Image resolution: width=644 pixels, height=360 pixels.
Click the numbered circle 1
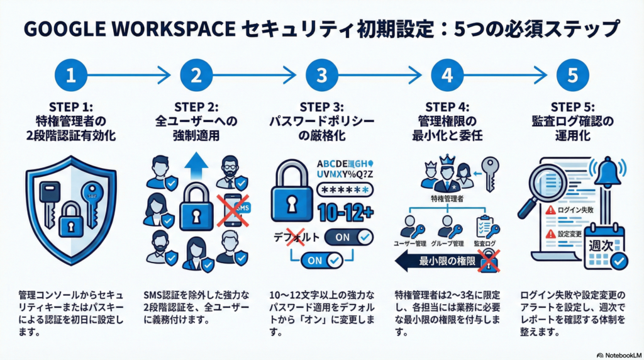70,76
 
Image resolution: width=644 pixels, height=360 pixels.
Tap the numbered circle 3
322,76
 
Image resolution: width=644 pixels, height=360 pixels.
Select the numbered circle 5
573,76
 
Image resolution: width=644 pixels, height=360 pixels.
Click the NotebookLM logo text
618,353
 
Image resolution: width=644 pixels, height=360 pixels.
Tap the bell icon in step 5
608,172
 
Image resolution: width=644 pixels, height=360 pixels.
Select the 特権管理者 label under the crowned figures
447,199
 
